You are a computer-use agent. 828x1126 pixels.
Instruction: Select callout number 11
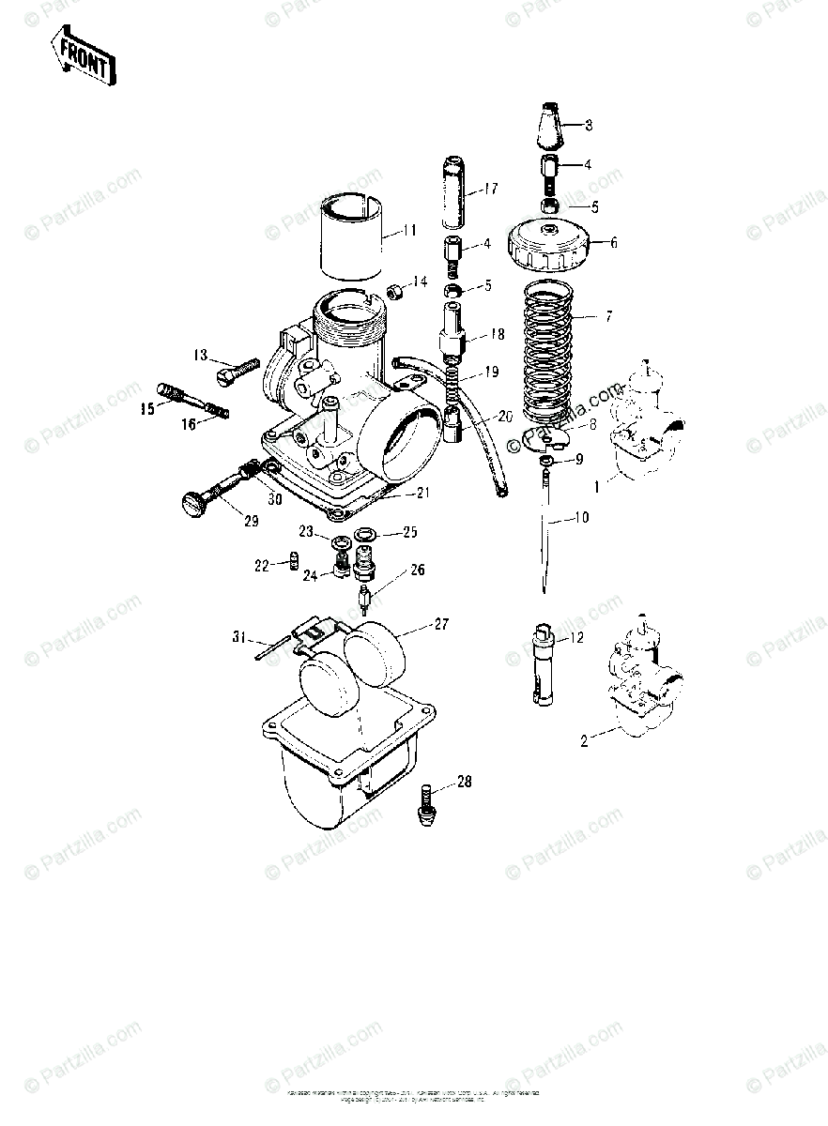(x=409, y=228)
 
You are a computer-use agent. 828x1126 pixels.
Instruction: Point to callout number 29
(x=251, y=522)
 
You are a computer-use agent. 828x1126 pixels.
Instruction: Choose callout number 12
(x=575, y=638)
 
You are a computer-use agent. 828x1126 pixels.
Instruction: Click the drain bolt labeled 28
(x=425, y=804)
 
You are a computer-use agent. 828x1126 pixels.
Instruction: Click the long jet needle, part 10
(x=544, y=535)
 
